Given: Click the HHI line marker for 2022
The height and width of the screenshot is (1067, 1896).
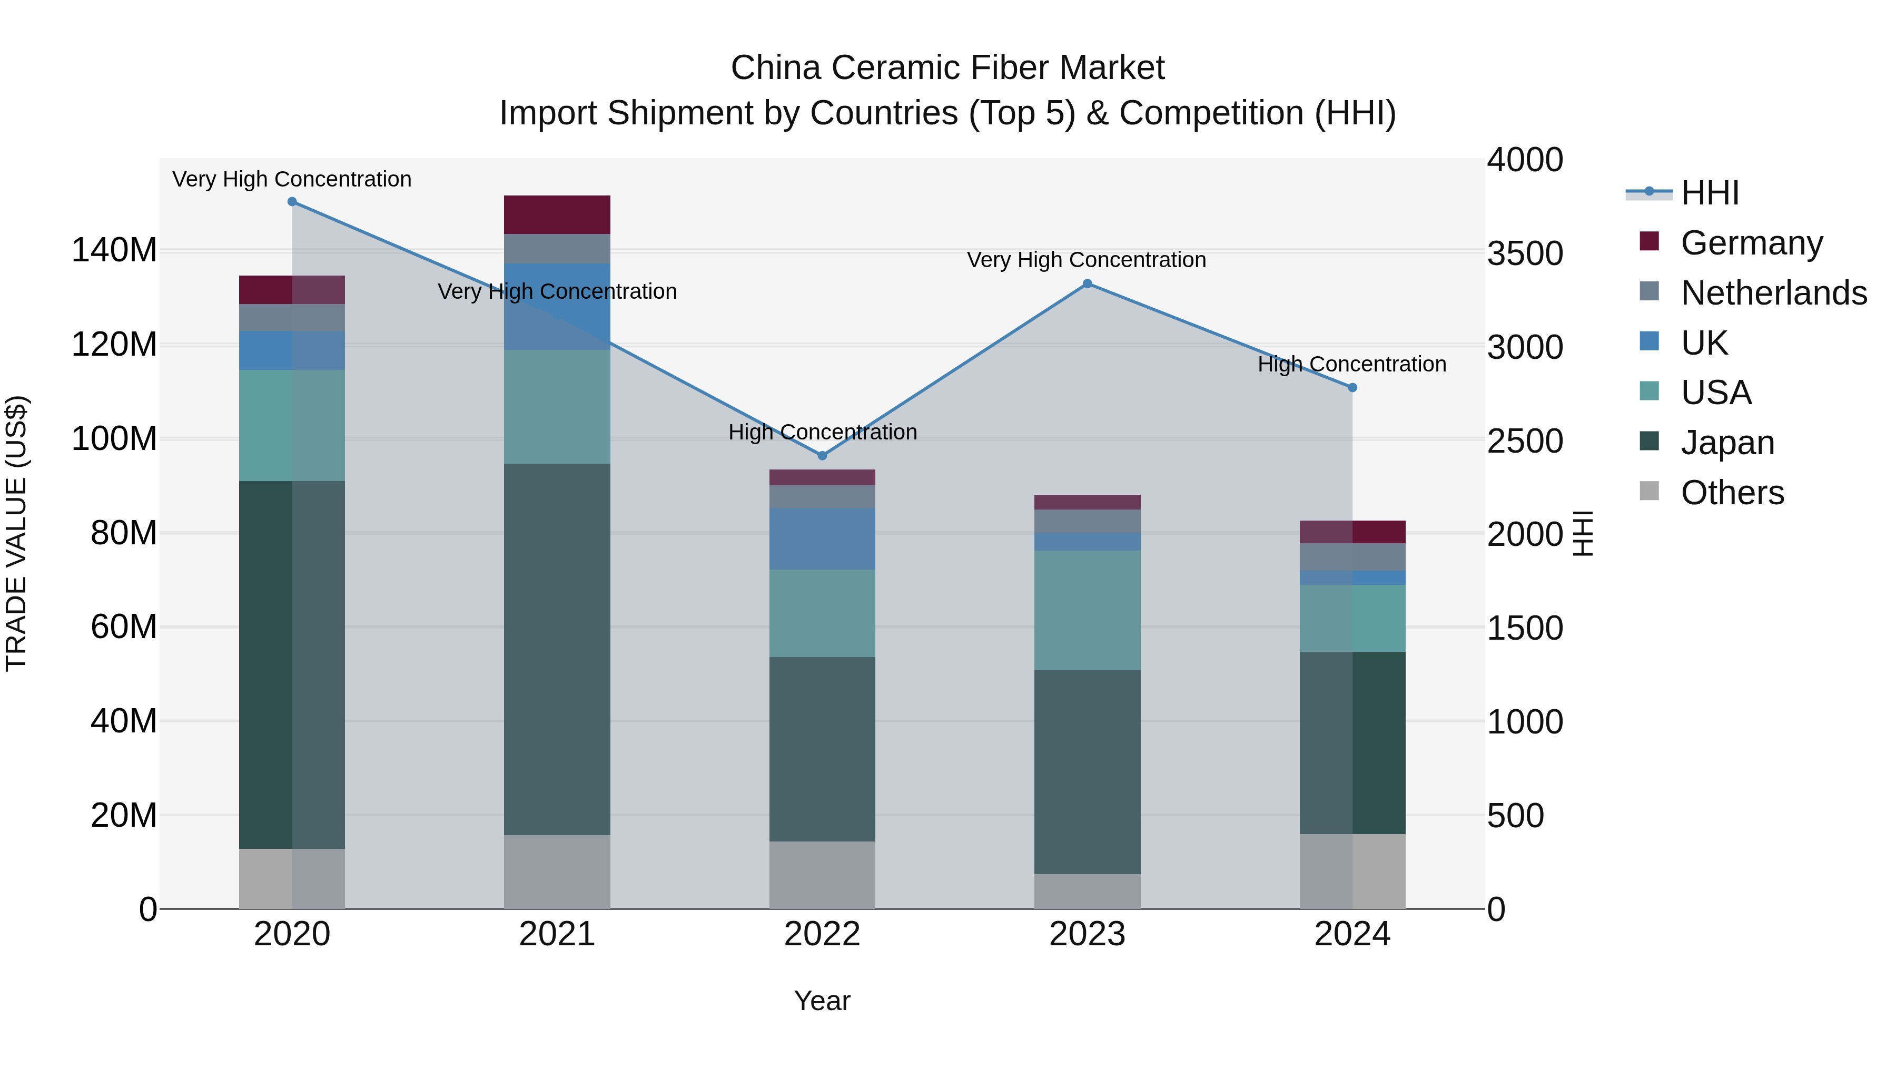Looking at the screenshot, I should [x=822, y=456].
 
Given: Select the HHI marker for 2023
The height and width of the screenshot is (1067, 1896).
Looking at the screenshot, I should [x=1087, y=283].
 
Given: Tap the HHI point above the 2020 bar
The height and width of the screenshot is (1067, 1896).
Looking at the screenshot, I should [x=292, y=202].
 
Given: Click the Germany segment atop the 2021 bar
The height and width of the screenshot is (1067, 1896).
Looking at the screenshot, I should [x=557, y=214].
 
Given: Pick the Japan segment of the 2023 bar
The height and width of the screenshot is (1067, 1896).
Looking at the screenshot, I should [x=1087, y=772].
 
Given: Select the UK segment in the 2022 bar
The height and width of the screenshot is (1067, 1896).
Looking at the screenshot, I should [x=822, y=539].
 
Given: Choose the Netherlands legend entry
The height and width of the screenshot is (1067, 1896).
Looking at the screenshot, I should [x=1774, y=293].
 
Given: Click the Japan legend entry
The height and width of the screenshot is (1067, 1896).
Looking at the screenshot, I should [x=1727, y=443].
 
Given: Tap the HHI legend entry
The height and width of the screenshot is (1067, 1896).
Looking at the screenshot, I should [x=1710, y=193].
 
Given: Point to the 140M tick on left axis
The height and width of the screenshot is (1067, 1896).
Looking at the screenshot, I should [x=114, y=250].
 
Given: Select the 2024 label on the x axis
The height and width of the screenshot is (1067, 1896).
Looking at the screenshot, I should [x=1352, y=934].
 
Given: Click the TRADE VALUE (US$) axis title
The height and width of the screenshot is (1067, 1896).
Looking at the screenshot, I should [x=16, y=533].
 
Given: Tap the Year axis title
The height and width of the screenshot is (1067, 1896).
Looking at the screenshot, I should [x=822, y=1001].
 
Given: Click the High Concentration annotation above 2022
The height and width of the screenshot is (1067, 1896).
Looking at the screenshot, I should [x=822, y=432].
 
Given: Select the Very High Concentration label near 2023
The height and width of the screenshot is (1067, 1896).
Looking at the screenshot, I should [x=1087, y=260].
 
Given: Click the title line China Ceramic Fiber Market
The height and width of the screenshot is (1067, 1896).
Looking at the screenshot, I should [x=947, y=68].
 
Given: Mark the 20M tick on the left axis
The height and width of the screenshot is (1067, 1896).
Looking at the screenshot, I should [x=124, y=815].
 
